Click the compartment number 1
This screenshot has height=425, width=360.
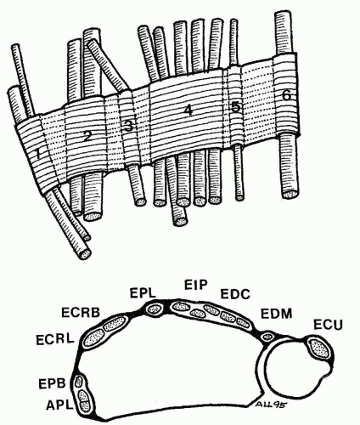pos(37,154)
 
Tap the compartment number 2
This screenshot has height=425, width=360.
pos(87,137)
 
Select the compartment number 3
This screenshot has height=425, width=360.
pos(128,126)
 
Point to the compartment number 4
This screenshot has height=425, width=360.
pos(188,110)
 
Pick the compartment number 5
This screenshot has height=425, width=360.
pos(235,107)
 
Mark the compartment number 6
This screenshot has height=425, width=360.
pos(286,96)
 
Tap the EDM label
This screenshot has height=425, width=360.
pos(276,314)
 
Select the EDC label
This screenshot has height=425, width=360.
pos(235,294)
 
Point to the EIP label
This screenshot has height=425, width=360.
pos(196,285)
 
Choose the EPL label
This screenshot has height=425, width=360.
pos(143,293)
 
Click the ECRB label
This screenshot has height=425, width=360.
pos(81,313)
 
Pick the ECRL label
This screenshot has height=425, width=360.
pos(55,339)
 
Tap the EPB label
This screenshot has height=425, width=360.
pos(52,383)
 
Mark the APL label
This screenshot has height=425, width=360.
pos(59,405)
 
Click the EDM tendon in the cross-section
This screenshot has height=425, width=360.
pos(267,337)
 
